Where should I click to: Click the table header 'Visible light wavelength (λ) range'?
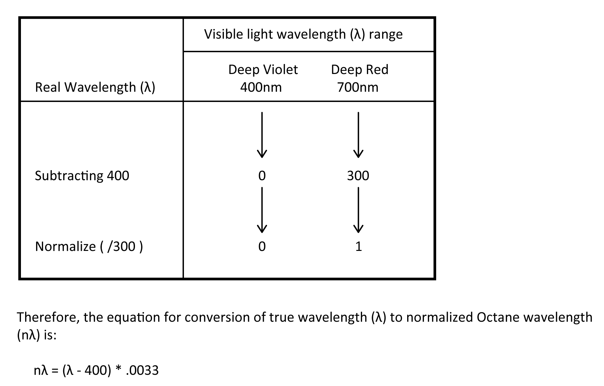[303, 34]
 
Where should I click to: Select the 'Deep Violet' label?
[263, 70]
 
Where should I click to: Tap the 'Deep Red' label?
[360, 70]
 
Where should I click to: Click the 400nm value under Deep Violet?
[261, 87]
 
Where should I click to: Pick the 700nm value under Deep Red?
[358, 87]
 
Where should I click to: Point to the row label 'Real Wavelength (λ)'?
[95, 87]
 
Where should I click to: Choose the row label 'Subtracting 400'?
[82, 176]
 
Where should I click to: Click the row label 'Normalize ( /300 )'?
[89, 247]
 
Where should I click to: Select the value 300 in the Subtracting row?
[358, 176]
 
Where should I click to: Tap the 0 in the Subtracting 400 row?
[262, 176]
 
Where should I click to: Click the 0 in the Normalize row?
[262, 247]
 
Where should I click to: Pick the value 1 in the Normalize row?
[359, 247]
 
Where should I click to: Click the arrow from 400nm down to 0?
[262, 135]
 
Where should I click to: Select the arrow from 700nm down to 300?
[358, 135]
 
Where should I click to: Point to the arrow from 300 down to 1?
[358, 210]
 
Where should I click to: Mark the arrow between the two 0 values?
[262, 210]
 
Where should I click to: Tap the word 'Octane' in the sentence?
[497, 317]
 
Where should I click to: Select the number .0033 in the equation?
[142, 371]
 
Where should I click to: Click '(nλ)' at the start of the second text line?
[28, 335]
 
